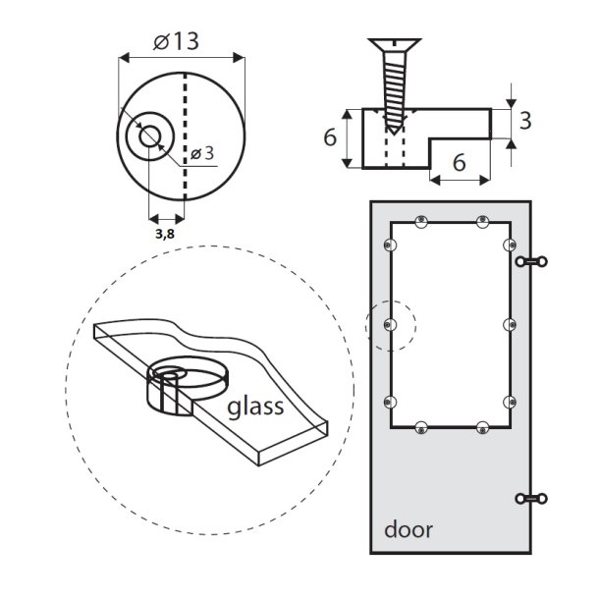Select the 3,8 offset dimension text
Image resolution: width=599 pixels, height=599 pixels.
tap(164, 234)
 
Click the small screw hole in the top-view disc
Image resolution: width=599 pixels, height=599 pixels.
tap(149, 136)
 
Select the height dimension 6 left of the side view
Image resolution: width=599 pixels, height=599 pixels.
tap(331, 138)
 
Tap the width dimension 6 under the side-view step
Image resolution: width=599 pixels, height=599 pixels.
tap(460, 163)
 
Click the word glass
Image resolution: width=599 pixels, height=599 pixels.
tap(258, 406)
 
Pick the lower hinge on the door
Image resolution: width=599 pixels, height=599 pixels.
tap(532, 500)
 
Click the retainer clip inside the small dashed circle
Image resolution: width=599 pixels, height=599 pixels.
tap(391, 324)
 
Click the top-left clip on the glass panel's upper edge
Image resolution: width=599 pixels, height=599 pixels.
tap(420, 221)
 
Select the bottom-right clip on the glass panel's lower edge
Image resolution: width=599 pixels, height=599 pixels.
tap(481, 427)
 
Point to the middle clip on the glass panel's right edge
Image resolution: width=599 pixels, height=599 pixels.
tap(509, 323)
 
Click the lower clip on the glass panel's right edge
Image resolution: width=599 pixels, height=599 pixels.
tap(509, 401)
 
